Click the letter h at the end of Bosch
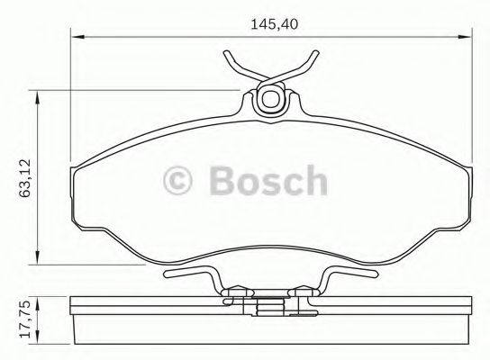click(314, 181)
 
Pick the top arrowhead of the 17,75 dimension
click(37, 298)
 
